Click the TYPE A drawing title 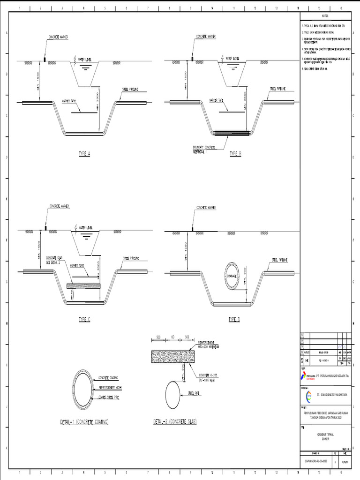[84, 153]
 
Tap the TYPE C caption [84, 319]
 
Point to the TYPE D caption [234, 319]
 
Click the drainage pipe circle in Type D [230, 276]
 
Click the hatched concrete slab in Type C [83, 285]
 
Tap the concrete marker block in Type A [45, 60]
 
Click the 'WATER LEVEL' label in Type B [232, 59]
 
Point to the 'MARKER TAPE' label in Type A [70, 100]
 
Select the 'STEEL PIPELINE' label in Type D [280, 259]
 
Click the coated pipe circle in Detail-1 [84, 384]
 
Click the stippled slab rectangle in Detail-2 [172, 356]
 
